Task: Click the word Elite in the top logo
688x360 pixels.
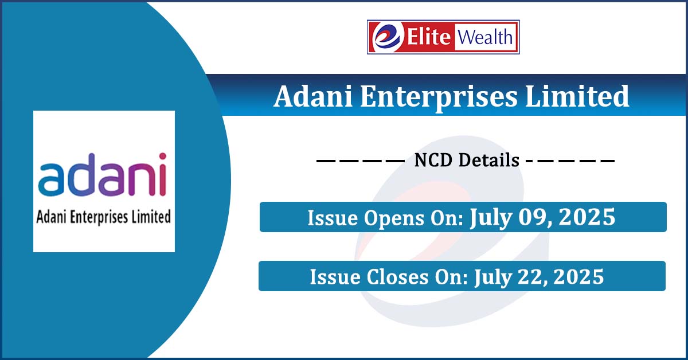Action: (429, 37)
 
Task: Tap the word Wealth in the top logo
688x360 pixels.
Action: (485, 37)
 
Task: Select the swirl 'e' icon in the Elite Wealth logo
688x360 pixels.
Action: (386, 37)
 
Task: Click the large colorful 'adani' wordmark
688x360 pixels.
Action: (102, 174)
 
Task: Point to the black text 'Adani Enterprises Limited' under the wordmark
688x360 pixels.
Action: (104, 217)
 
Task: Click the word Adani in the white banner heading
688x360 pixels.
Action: (313, 96)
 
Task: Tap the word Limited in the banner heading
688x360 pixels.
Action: (577, 96)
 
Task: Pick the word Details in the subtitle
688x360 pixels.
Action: (488, 160)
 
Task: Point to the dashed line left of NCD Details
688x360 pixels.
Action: (361, 161)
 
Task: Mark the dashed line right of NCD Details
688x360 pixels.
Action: (570, 161)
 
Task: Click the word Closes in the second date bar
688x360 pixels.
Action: (397, 277)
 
